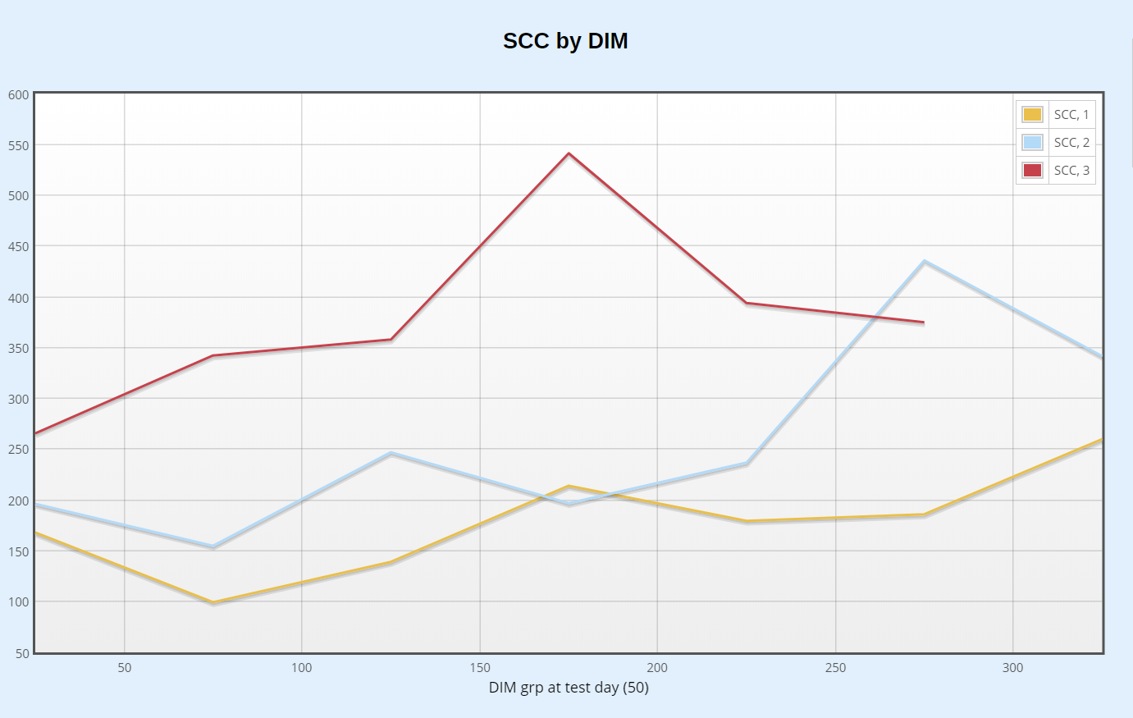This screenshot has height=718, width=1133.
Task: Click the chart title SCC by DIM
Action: pos(565,41)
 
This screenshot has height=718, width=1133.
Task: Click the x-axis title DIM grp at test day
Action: pos(569,688)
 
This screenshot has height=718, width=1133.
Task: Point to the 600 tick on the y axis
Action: pos(19,95)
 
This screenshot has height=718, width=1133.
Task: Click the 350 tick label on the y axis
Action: pos(19,349)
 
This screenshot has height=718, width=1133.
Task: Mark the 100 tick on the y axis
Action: pos(19,602)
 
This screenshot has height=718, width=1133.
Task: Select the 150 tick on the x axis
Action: pos(480,668)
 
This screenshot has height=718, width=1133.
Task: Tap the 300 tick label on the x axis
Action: pos(1013,668)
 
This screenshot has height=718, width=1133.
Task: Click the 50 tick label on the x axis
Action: pos(125,668)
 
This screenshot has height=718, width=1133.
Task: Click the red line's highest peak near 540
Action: pos(569,153)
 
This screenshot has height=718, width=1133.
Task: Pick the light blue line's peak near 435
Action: pos(925,262)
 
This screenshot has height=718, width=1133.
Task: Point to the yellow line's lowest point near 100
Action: pos(213,602)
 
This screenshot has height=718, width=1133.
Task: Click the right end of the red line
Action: pos(924,322)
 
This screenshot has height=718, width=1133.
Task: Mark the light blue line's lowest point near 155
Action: pos(213,547)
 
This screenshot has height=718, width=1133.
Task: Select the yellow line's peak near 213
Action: pos(569,487)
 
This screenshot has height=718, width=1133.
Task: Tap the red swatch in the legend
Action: pos(1032,171)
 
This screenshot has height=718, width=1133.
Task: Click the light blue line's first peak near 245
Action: pos(391,453)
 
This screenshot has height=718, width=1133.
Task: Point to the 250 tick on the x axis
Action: pos(835,668)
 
